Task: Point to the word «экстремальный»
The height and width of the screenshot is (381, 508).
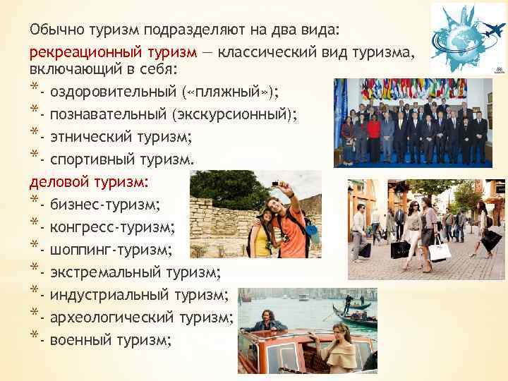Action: (x=104, y=272)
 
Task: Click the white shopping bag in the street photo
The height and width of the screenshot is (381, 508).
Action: (x=440, y=248)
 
